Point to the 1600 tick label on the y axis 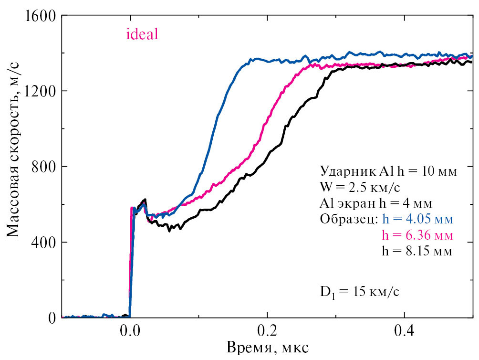40,16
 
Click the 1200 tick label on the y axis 40,91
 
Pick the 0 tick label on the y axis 52,318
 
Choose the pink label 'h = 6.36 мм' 417,235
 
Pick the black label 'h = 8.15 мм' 417,251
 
